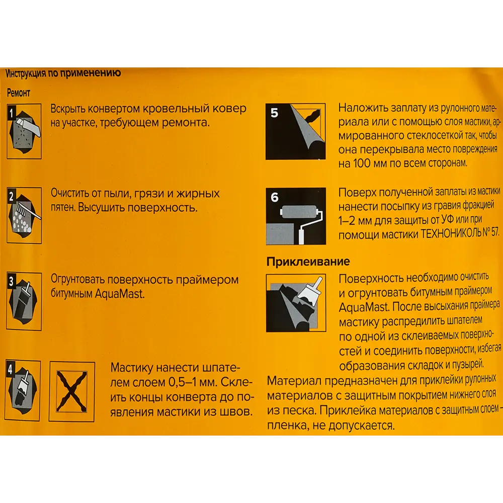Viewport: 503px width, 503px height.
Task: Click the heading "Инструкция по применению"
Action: [63, 73]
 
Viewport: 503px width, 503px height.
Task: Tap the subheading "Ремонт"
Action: [19, 93]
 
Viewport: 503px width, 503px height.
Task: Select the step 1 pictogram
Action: [24, 131]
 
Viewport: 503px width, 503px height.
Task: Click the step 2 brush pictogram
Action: [24, 215]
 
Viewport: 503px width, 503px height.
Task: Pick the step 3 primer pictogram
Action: [24, 301]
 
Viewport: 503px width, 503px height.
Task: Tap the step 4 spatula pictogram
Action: [23, 390]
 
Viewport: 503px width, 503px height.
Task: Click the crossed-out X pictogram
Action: [72, 392]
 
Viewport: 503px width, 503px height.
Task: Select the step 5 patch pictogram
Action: [295, 131]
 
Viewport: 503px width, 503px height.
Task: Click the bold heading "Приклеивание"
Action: [308, 262]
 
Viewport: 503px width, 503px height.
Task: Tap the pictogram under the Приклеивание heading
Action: [296, 303]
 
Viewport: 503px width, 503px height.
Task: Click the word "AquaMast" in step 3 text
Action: [120, 294]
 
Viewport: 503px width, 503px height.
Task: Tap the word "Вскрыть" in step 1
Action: [68, 109]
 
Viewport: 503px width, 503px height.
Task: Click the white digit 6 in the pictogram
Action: [275, 197]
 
